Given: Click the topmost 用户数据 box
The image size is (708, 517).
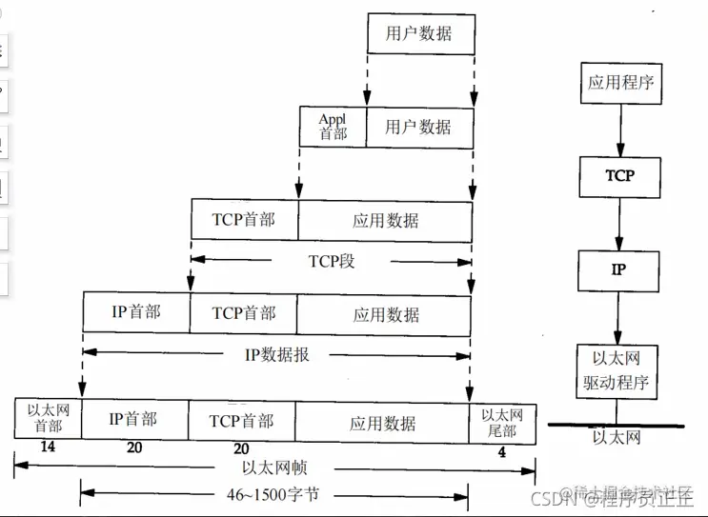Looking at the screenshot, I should click(x=420, y=35).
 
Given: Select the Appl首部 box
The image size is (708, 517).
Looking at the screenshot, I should click(x=333, y=127).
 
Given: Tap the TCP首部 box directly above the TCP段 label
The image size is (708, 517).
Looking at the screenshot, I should click(x=245, y=220).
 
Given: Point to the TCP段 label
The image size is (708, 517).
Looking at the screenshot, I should click(x=332, y=261).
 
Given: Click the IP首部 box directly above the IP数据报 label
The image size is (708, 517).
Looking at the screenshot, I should click(x=136, y=313).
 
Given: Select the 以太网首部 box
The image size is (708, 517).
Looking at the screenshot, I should click(x=48, y=420).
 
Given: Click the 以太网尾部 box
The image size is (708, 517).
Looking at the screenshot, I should click(x=501, y=420).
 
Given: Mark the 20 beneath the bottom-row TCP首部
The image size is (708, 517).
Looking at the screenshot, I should click(x=241, y=447).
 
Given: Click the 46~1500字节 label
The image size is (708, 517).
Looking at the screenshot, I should click(x=272, y=493).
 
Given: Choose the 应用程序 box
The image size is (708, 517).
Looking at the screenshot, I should click(x=621, y=83).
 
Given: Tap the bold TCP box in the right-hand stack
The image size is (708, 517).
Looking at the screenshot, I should click(x=619, y=176).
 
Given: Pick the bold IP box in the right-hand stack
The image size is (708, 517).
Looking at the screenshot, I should click(x=618, y=270).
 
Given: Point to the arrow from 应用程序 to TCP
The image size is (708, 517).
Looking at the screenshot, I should click(x=620, y=129).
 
